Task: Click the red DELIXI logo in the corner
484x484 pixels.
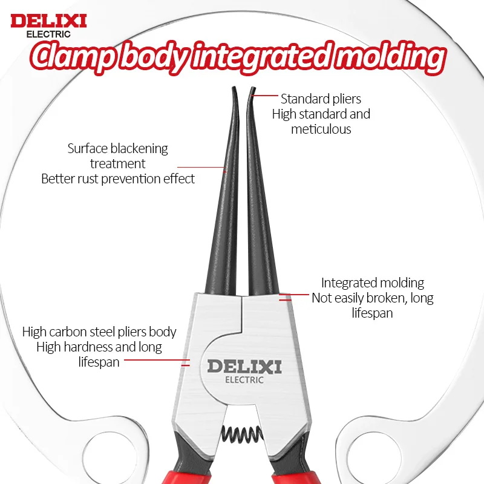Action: coord(48,21)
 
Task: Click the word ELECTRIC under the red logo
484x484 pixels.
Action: coord(48,34)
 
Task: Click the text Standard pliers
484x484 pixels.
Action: coord(321,99)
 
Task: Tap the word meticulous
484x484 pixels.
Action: coord(321,129)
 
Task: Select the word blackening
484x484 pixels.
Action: coord(139,149)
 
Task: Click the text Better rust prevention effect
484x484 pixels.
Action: coord(118,178)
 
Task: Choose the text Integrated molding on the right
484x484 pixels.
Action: coord(373,283)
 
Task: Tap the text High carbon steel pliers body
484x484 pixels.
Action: coord(99,332)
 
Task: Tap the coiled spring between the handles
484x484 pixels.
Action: coord(243,434)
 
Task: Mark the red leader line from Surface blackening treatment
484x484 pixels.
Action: coord(202,168)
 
